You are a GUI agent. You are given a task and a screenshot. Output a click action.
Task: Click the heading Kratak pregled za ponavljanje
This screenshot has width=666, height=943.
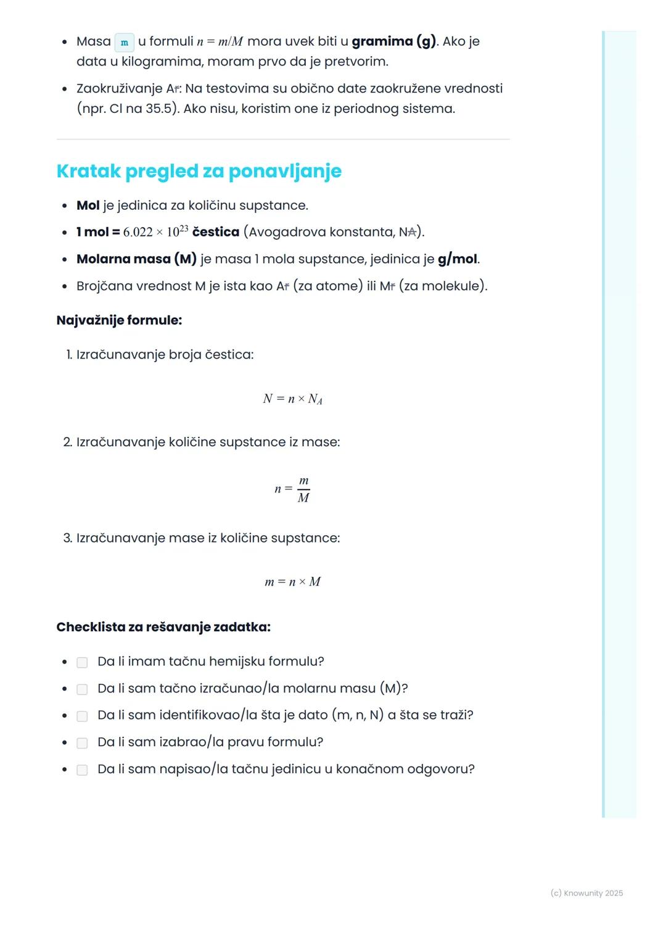pos(199,171)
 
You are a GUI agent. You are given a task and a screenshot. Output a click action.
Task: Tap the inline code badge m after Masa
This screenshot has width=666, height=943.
pos(125,43)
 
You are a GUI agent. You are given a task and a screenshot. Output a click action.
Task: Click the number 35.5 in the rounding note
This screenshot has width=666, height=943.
pos(158,109)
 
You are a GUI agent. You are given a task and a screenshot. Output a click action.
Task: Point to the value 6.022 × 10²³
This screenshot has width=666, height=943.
pos(155,232)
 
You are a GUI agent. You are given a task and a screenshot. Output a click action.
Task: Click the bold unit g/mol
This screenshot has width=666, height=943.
pos(458,259)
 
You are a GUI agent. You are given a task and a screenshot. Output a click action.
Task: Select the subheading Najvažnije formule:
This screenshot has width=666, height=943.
pos(119,320)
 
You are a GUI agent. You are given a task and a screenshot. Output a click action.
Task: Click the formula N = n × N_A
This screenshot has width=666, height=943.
pos(292,399)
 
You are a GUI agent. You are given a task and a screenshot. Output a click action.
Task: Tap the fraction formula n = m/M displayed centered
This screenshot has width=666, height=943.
pos(292,489)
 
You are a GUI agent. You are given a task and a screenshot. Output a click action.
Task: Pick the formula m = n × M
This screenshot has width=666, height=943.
pos(292,582)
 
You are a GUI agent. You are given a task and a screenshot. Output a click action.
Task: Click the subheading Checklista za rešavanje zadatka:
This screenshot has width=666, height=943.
pos(163,627)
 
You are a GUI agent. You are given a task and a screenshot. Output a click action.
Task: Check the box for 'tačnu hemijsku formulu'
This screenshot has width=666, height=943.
pos(82,662)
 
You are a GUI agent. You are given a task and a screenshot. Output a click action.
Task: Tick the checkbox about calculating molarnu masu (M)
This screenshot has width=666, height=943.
pos(82,689)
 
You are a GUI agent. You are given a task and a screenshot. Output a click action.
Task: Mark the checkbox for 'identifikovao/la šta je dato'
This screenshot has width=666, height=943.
pos(82,716)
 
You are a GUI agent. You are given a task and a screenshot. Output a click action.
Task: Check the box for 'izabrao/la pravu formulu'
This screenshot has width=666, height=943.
pos(82,743)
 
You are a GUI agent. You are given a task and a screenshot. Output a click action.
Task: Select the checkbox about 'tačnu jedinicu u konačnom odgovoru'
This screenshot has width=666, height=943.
pos(82,770)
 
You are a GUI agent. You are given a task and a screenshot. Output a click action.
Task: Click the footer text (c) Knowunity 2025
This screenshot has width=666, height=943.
pos(586,893)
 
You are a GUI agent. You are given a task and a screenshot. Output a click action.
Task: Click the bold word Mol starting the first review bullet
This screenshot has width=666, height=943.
pos(88,206)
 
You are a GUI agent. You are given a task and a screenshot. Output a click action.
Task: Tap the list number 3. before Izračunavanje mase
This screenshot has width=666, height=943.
pos(68,538)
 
